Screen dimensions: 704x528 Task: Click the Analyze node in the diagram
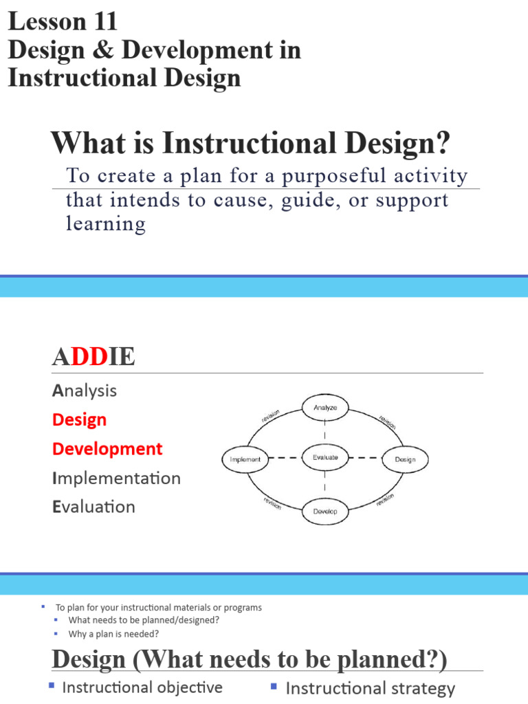[325, 408]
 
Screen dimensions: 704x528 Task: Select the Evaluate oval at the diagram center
[325, 458]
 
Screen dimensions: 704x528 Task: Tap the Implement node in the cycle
[245, 459]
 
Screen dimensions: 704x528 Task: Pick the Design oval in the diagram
[405, 459]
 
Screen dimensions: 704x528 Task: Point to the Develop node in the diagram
[325, 511]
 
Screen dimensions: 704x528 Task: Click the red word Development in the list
[107, 449]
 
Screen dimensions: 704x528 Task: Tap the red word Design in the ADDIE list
[79, 419]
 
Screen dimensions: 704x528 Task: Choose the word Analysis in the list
[84, 390]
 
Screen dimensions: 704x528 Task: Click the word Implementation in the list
[116, 478]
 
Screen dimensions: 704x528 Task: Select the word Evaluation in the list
[93, 507]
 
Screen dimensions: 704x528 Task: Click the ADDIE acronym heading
[93, 357]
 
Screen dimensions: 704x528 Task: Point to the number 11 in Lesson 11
[102, 22]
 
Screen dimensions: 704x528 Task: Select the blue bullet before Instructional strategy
[274, 685]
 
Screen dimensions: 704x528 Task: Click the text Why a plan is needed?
[113, 634]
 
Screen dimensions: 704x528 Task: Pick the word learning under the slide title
[105, 223]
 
